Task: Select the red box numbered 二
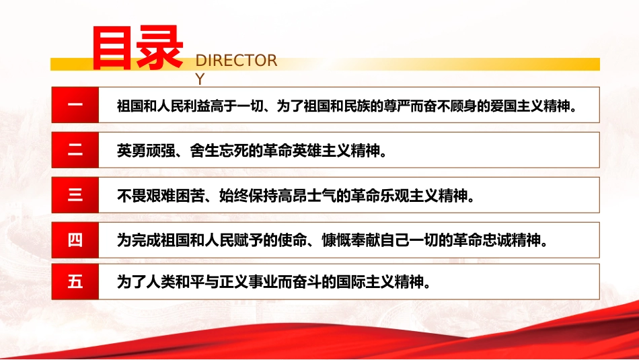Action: [75, 150]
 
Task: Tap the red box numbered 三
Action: [75, 195]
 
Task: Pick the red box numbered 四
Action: [75, 239]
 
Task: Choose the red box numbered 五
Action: [75, 281]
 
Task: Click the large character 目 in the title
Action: [114, 48]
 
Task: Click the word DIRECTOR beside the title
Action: [236, 61]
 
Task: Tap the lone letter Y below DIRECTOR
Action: [199, 79]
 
